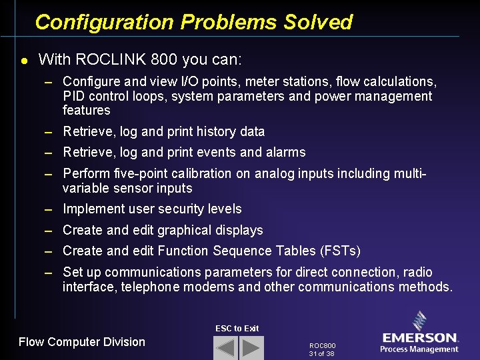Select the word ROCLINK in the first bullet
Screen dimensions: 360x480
111,59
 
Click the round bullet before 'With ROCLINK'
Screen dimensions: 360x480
24,60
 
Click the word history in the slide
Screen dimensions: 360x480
200,131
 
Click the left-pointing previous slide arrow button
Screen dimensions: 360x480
226,348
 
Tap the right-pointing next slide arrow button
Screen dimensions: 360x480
251,348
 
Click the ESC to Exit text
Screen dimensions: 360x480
237,328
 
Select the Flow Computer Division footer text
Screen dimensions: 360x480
81,342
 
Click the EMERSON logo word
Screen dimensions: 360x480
420,338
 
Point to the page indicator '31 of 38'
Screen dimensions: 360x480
322,353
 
